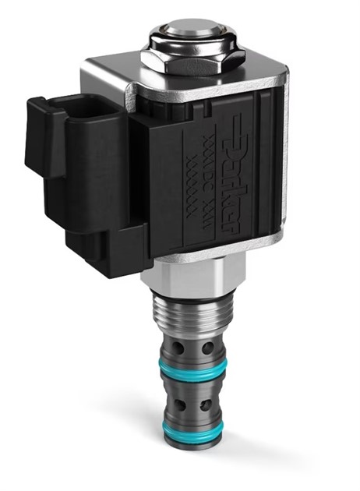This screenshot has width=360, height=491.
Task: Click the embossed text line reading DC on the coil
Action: coord(204,168)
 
